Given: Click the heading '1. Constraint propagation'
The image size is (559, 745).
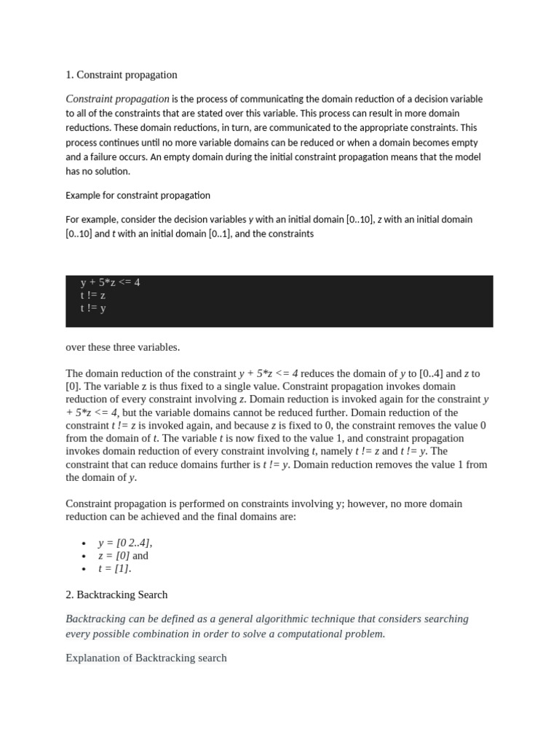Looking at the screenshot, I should tap(122, 75).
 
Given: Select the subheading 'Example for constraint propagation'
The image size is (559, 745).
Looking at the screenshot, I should tap(138, 195).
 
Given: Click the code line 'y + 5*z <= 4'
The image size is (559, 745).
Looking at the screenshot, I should tap(110, 282).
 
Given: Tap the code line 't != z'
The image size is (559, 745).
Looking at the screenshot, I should tap(93, 295).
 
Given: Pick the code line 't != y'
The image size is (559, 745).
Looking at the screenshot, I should tap(93, 308).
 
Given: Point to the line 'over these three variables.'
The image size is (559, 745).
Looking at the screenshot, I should tap(122, 347).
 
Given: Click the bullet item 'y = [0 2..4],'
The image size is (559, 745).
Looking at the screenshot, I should tap(125, 543).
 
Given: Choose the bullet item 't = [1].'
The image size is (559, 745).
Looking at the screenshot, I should tap(115, 569).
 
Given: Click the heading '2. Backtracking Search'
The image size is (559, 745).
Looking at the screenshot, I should tap(116, 594).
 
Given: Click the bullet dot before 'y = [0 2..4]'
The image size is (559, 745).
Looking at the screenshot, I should tap(84, 543).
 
